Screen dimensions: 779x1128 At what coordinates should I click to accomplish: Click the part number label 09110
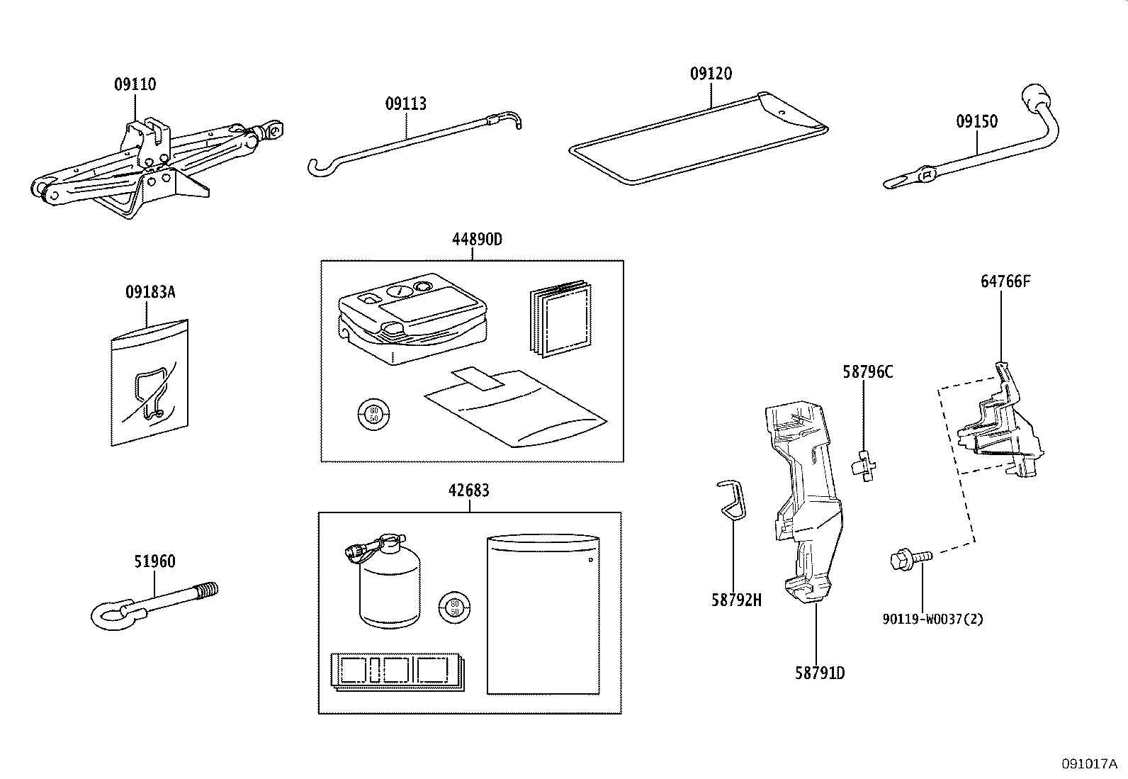135,84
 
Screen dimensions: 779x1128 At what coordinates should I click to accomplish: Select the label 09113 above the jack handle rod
406,104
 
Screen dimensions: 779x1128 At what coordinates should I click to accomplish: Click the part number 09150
976,121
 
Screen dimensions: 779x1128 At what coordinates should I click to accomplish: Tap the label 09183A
150,291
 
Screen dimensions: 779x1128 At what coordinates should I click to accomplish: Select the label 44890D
477,240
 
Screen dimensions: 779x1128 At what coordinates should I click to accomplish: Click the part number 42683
468,491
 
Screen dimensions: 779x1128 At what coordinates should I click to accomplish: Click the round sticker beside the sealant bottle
455,607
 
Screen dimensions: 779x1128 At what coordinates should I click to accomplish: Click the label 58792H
736,600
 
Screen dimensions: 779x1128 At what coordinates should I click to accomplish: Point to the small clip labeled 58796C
865,465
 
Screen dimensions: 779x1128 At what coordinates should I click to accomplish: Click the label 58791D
819,673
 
